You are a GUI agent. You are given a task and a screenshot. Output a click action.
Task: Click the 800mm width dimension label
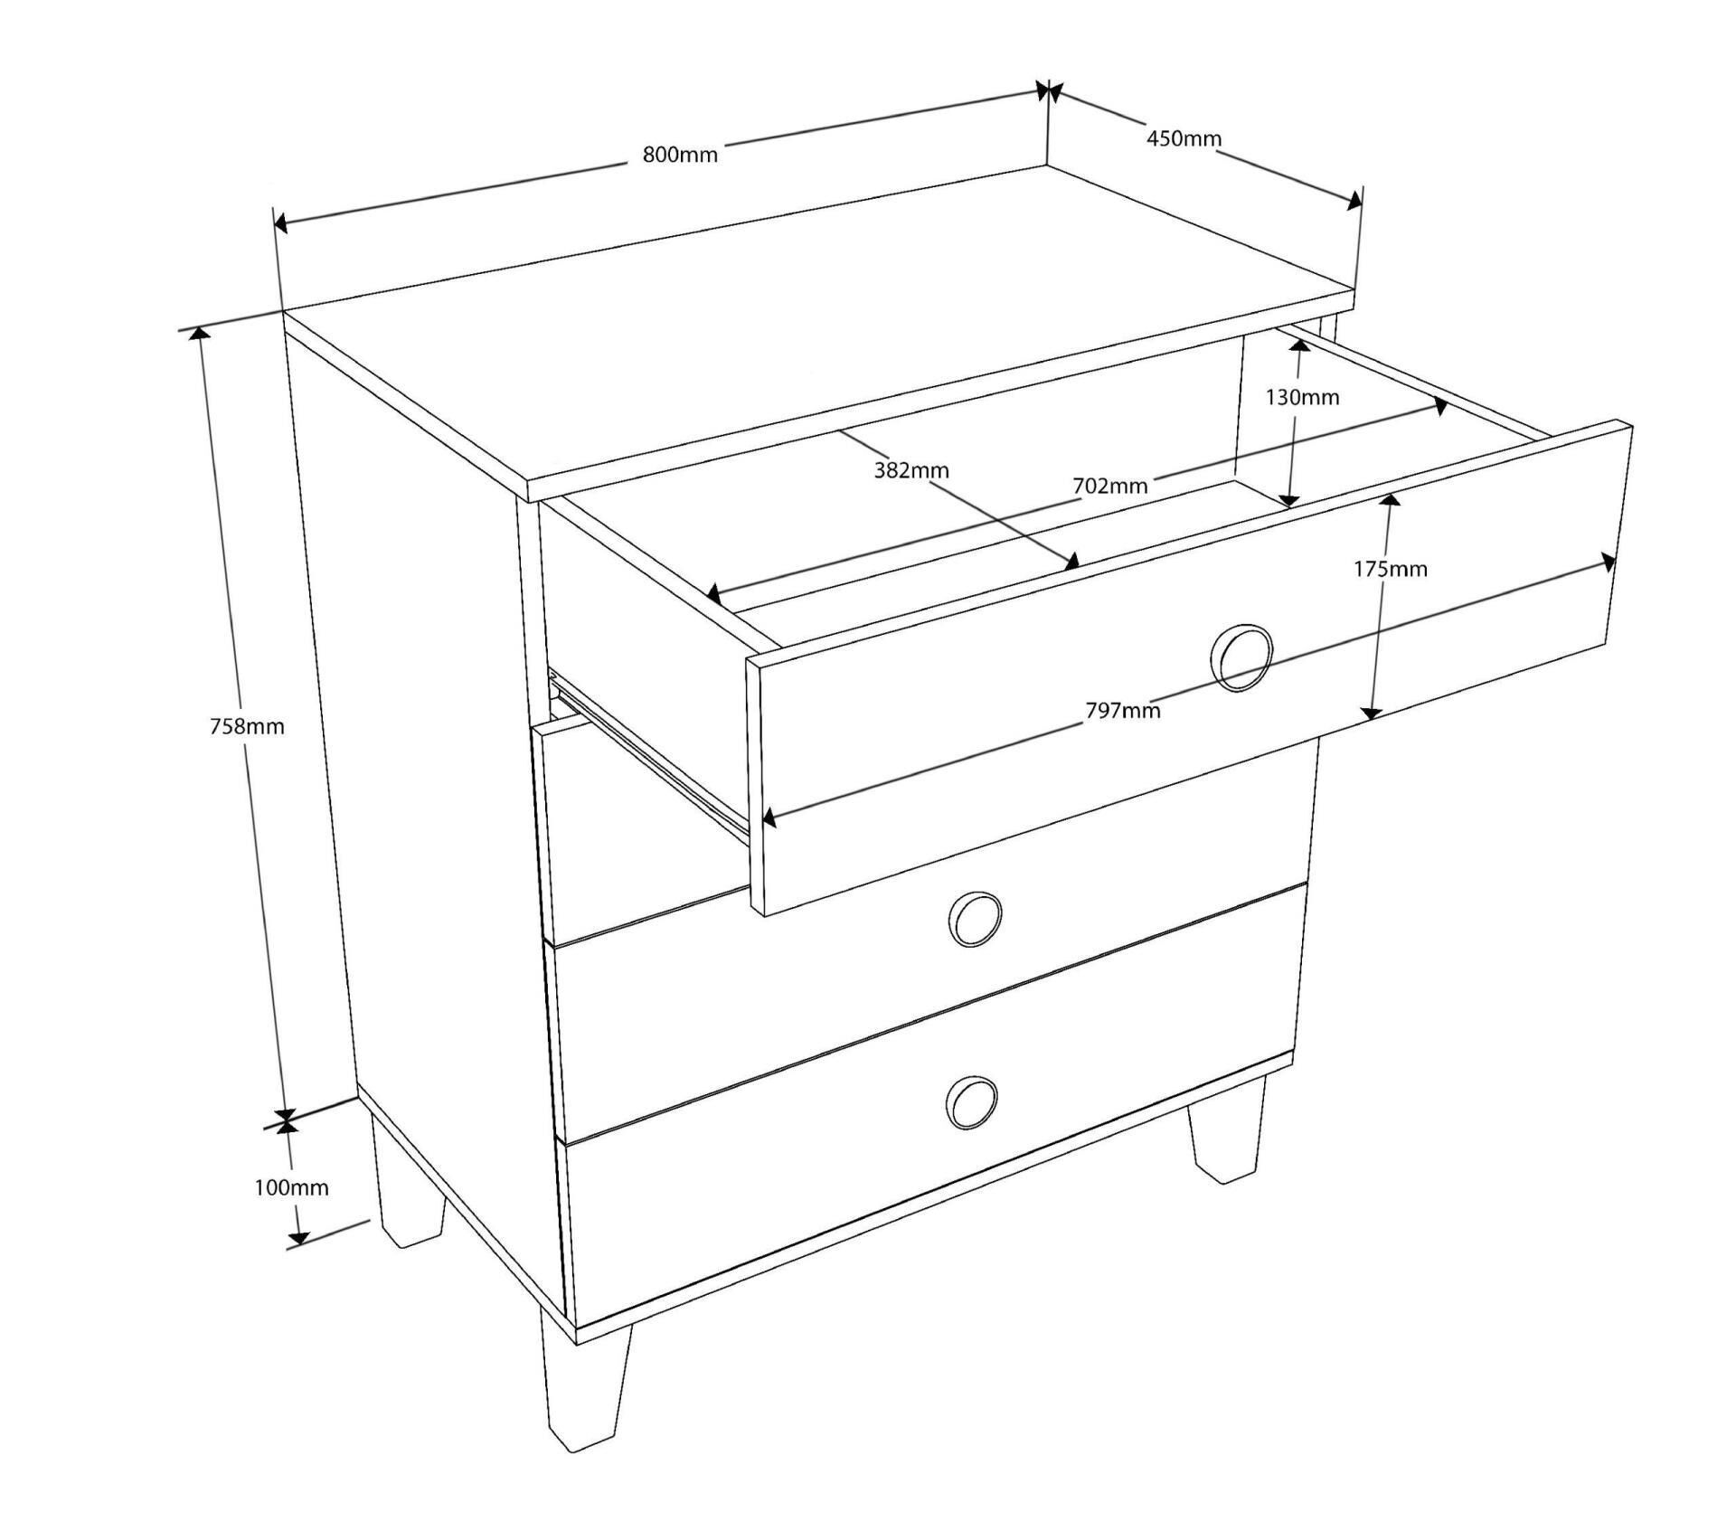pos(680,155)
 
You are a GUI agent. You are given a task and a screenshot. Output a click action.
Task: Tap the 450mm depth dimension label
pos(1184,138)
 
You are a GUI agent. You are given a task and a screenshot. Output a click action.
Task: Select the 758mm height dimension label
pos(247,726)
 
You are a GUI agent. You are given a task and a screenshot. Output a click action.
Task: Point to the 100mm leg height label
pos(291,1187)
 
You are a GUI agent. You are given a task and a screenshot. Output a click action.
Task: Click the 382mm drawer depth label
pos(911,470)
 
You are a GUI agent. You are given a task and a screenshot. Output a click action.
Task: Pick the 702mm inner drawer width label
pos(1110,486)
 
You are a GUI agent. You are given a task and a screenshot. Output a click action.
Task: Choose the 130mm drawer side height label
pos(1302,397)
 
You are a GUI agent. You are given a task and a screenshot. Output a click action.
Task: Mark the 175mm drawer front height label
pos(1391,569)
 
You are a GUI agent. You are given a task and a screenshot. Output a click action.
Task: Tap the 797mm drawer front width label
pos(1123,711)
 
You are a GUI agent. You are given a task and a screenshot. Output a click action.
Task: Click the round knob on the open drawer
pos(1241,657)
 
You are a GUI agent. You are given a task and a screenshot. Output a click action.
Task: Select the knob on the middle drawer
pos(975,919)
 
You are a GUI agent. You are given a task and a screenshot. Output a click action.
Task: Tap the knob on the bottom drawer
pos(971,1103)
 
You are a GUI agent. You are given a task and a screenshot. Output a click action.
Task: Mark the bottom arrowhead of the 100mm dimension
pos(299,1235)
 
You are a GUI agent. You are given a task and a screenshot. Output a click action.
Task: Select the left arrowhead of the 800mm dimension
pos(281,223)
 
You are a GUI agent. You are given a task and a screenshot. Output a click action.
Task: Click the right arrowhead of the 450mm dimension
pos(1353,201)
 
